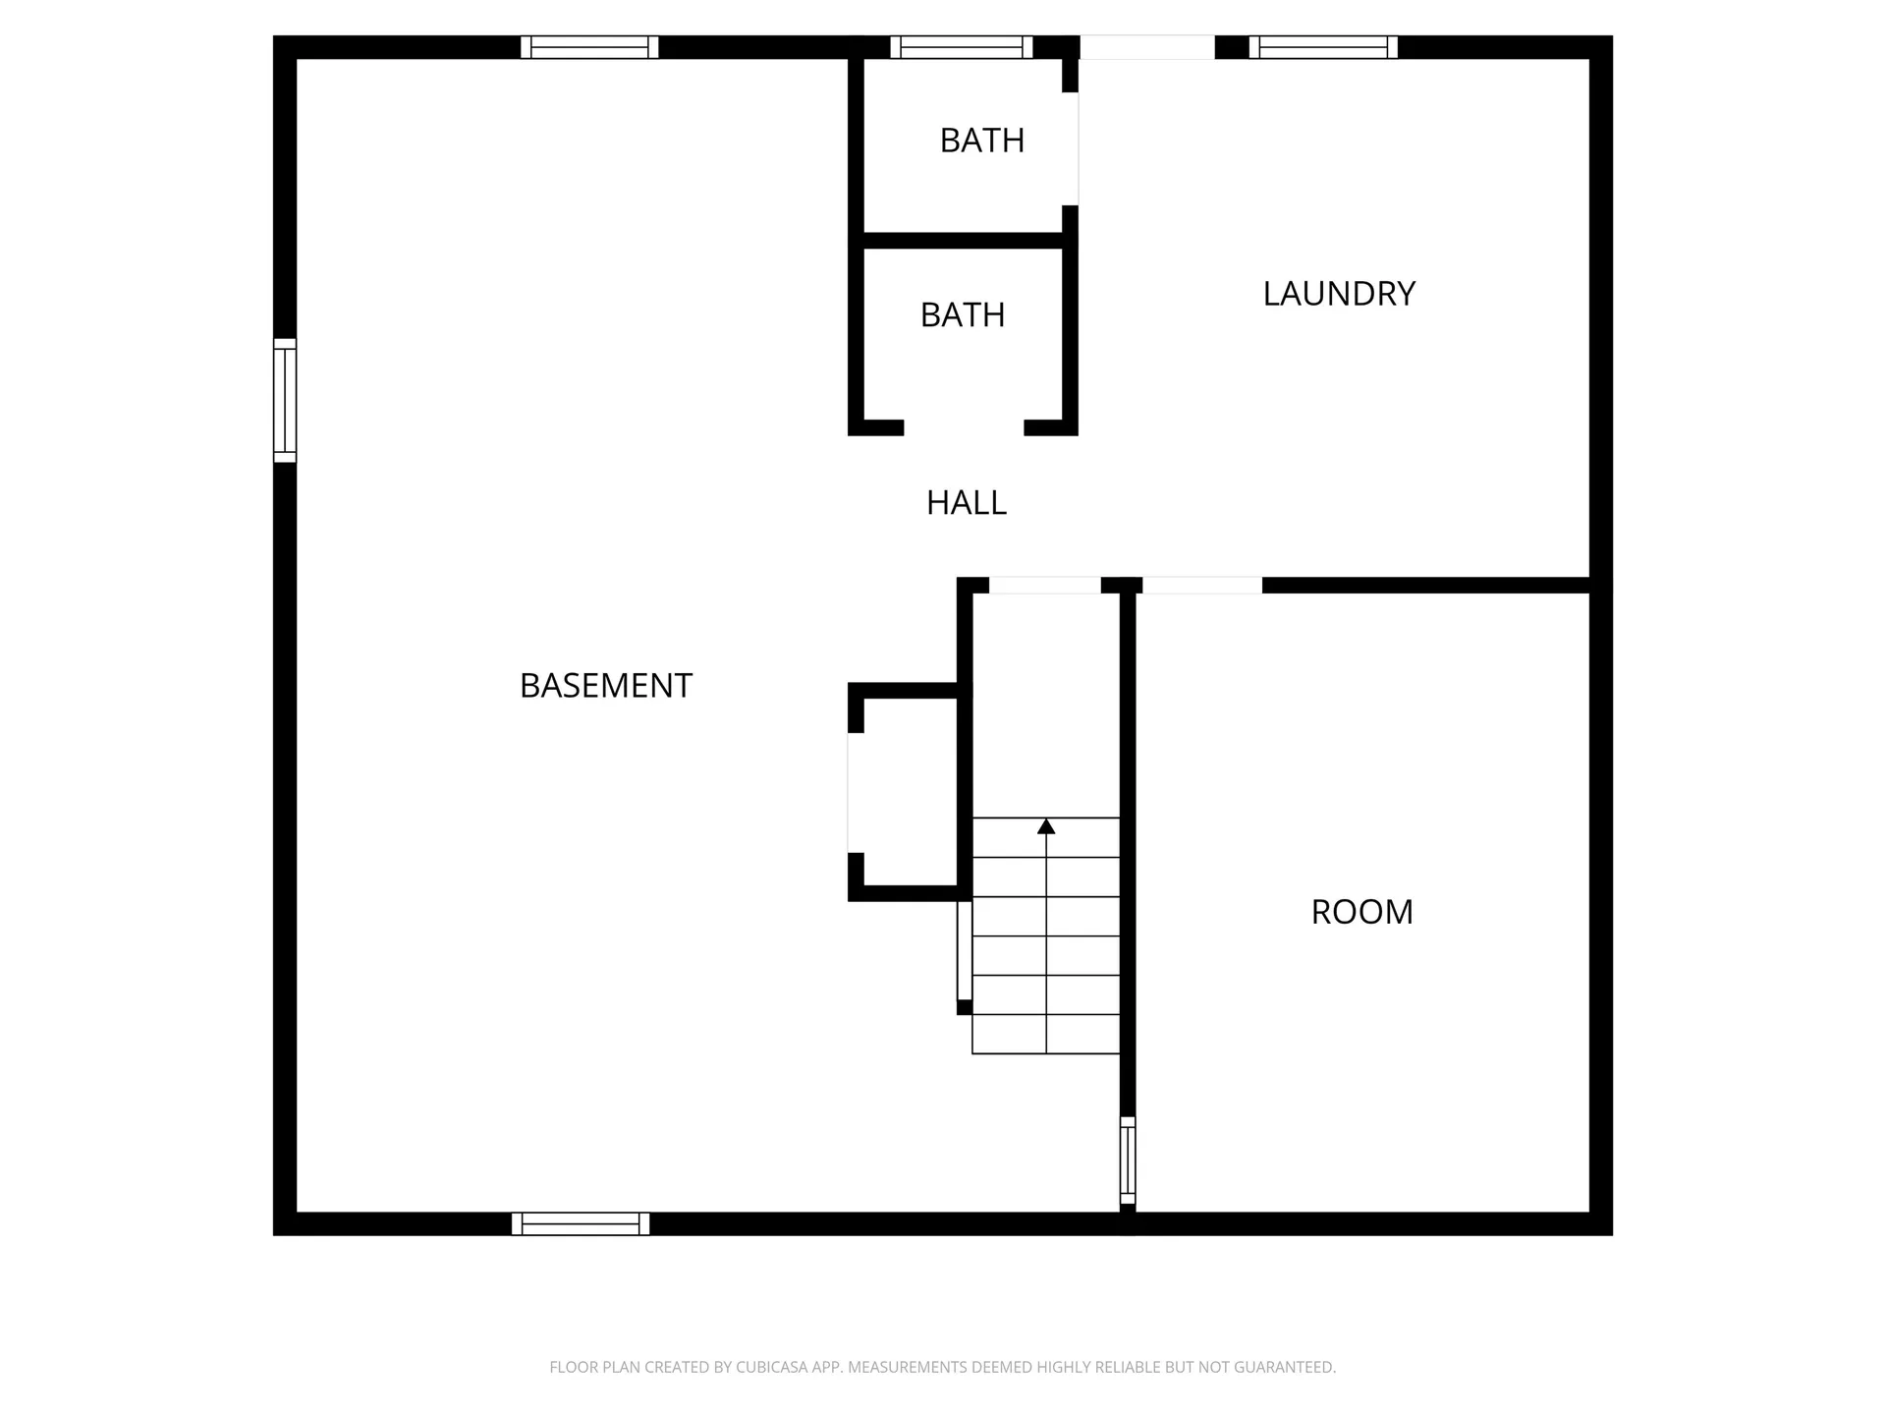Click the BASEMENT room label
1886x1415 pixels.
605,685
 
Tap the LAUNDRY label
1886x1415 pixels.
1338,293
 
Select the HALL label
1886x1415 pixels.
967,502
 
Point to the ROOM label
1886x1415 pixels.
1361,911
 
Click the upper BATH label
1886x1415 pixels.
981,141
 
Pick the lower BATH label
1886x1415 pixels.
963,314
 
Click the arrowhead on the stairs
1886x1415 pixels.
1046,826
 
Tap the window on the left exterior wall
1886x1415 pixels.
285,400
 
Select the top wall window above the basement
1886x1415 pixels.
589,47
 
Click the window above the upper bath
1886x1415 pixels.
962,47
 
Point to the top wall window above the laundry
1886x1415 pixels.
1323,47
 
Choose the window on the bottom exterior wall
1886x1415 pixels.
581,1223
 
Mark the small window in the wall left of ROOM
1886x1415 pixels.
1128,1160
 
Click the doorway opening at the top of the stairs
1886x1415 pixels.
1044,586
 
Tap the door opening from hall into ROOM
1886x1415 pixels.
1201,586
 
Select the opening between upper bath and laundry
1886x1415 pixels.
1071,149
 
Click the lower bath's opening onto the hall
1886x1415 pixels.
964,427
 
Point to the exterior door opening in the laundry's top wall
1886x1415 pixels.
1147,47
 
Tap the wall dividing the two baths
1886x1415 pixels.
963,240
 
